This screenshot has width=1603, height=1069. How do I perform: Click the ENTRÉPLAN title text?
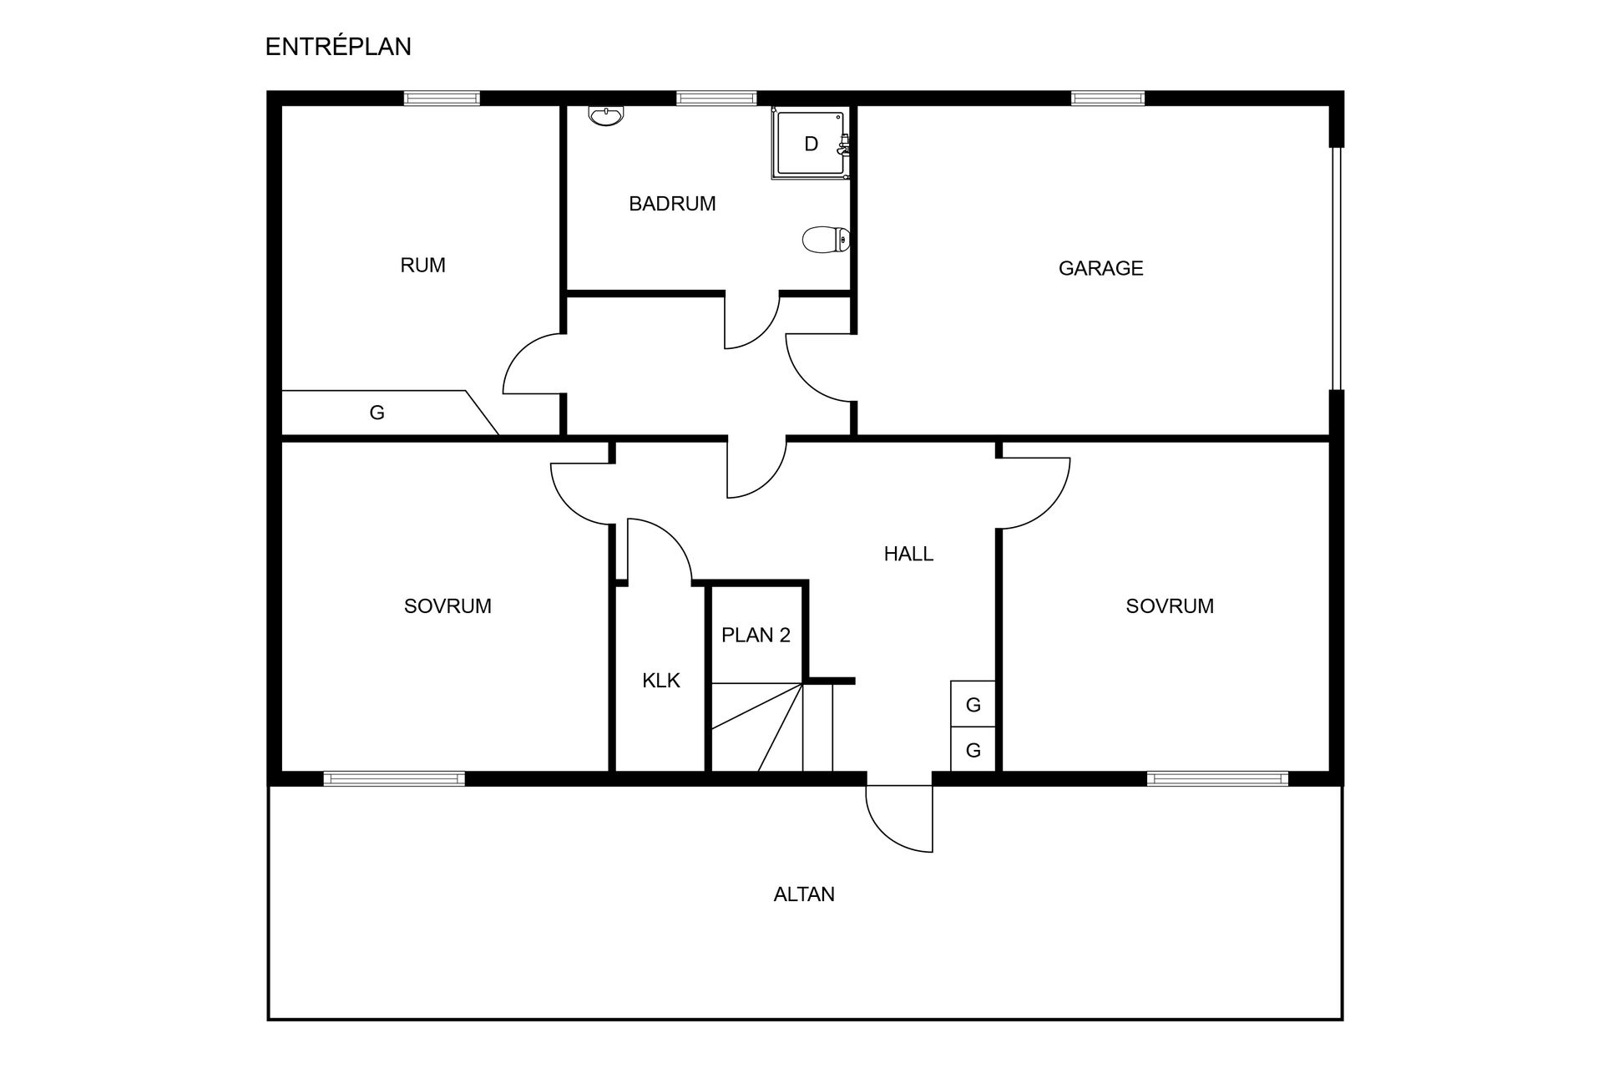coord(338,47)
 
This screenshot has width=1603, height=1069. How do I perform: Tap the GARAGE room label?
coord(1100,268)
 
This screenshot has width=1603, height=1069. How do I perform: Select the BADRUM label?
coord(672,204)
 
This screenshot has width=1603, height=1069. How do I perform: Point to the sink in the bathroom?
coord(605,116)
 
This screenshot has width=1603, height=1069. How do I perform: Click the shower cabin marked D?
coord(810,144)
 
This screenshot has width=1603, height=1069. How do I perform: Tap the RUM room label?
coord(422,266)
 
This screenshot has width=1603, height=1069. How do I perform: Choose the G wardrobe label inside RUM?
coord(377,413)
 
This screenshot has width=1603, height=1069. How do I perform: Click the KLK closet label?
coord(661,681)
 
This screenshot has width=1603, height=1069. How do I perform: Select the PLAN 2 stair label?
coord(756,636)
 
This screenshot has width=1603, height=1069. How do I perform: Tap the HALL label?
coord(908,554)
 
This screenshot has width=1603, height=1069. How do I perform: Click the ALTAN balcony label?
coord(804,894)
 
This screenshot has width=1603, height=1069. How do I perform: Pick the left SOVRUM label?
coord(448,606)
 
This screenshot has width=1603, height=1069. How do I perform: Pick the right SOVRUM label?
coord(1170,606)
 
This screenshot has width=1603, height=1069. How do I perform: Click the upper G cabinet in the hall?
coord(973,705)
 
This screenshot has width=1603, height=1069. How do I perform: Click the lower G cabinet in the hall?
coord(973,751)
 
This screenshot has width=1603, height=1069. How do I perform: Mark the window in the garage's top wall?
coord(1108,99)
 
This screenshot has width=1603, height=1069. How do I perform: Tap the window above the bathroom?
coord(716,99)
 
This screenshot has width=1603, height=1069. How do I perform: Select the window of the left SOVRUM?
coord(394,779)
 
